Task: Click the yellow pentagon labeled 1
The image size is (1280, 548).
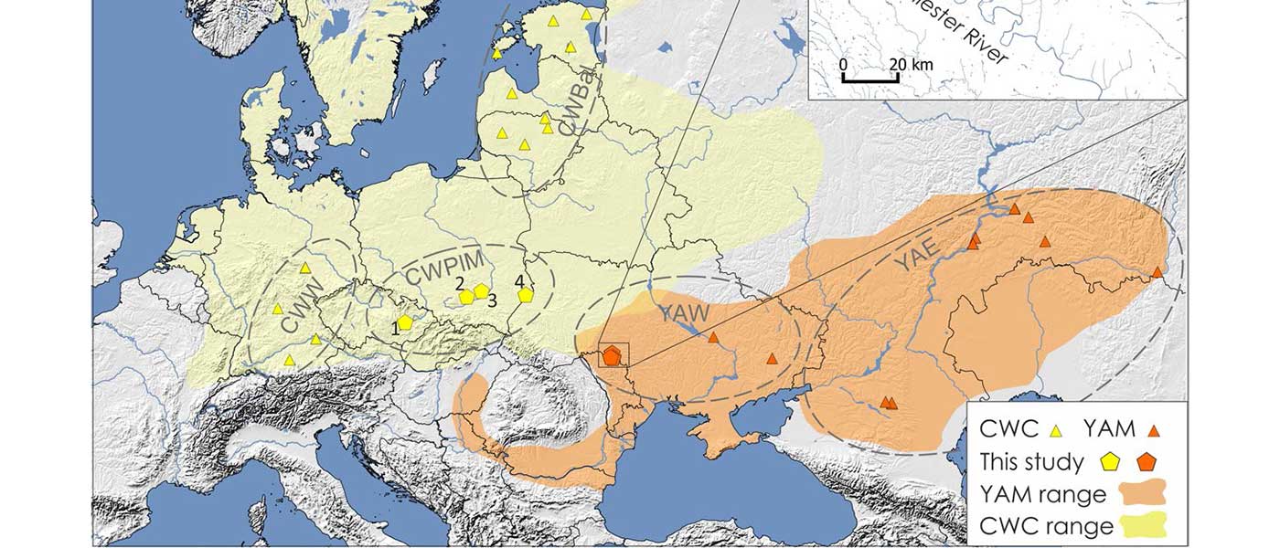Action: pos(405,322)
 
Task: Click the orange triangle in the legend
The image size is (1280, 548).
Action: pos(1155,429)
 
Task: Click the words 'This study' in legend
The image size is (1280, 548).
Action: pos(1030,462)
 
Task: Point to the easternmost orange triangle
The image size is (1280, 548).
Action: pos(1158,271)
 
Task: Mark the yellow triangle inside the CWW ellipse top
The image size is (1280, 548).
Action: pos(305,268)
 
